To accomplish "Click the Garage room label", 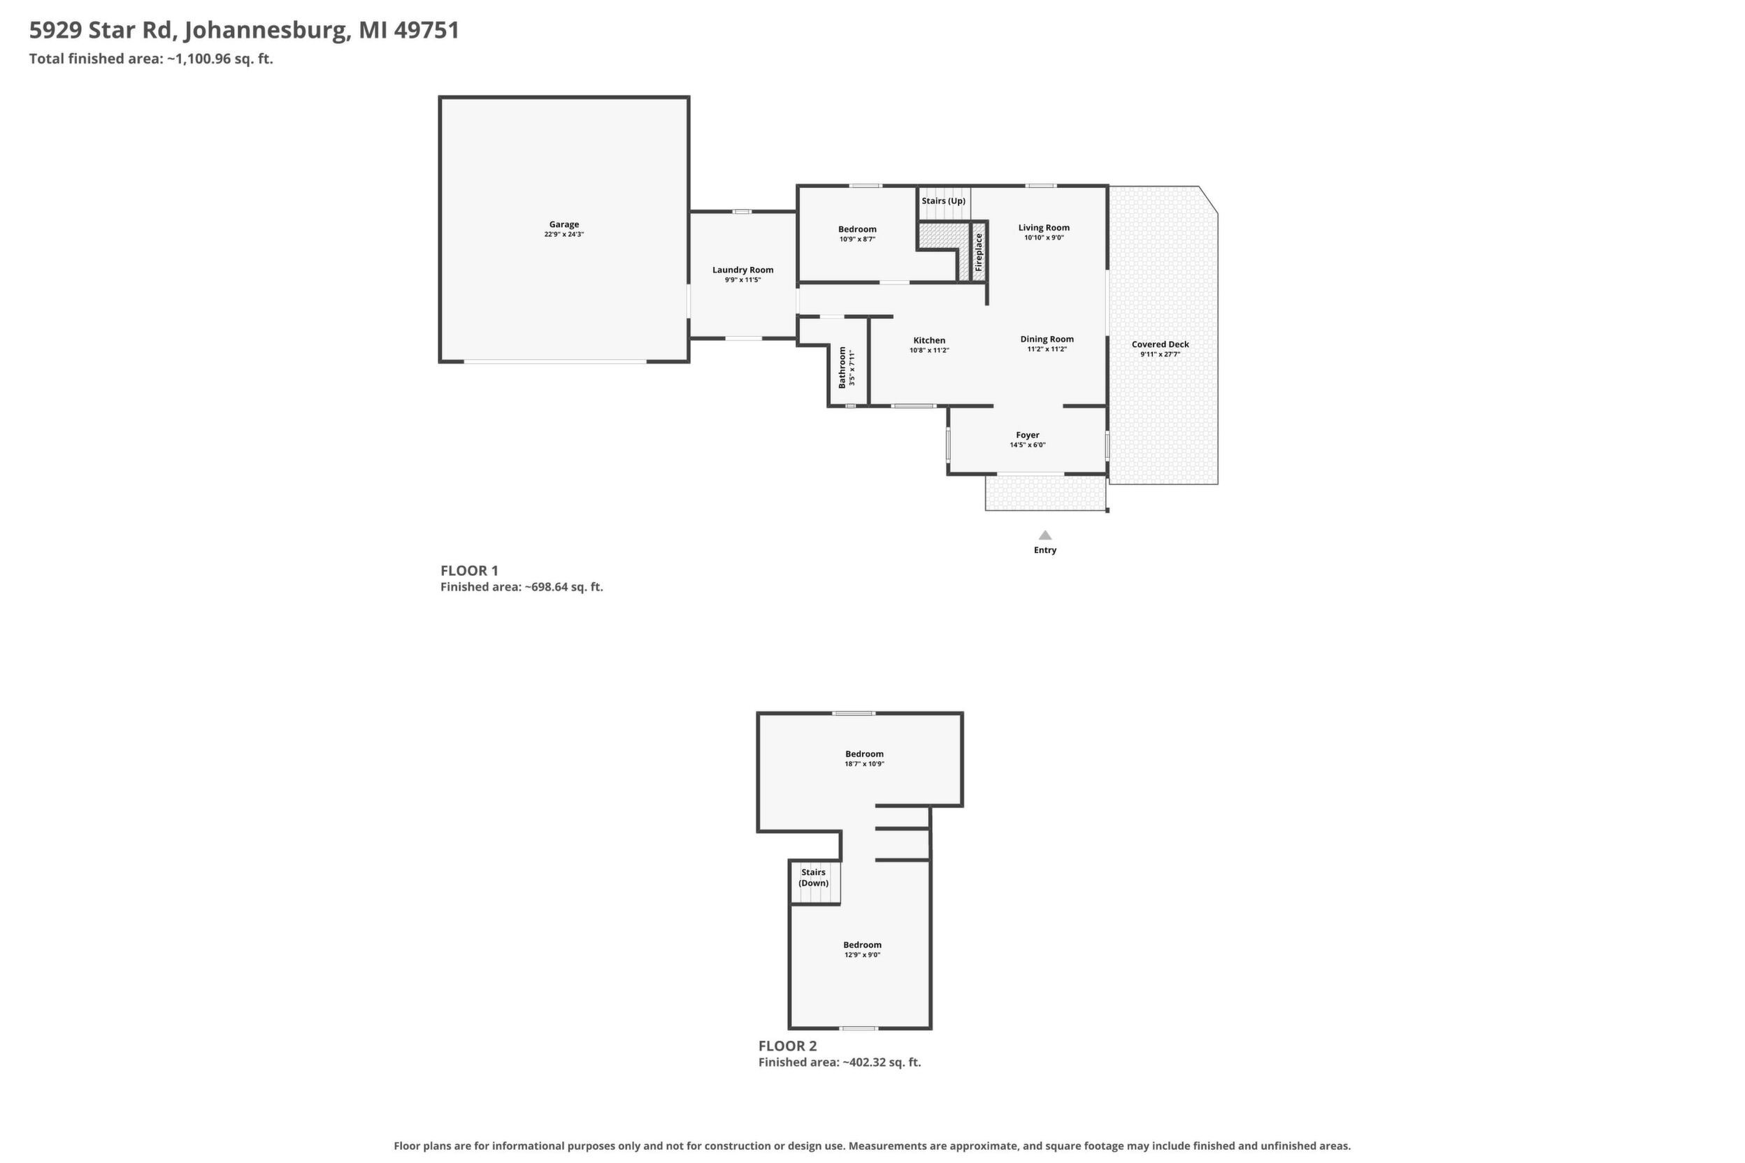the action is point(564,224).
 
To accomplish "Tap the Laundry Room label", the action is point(742,270).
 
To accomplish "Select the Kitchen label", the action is point(929,340).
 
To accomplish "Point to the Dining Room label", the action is point(1047,339).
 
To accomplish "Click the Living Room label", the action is point(1044,228).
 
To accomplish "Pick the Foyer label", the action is point(1028,435).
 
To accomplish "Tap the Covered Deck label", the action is point(1161,344).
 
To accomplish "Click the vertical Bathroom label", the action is point(842,367).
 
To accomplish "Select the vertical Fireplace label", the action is point(979,252).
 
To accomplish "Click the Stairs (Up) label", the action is point(944,201).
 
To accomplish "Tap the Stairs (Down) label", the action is point(813,877).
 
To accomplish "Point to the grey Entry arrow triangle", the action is point(1044,535).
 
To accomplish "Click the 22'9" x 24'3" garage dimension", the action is point(564,234).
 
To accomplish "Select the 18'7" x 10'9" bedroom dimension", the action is point(864,764).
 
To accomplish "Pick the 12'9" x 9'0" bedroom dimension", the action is point(862,955).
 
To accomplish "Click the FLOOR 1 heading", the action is point(469,570).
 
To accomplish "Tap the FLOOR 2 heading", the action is point(787,1046).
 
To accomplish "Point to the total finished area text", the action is point(151,59).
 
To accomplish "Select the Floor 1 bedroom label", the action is point(857,229).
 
